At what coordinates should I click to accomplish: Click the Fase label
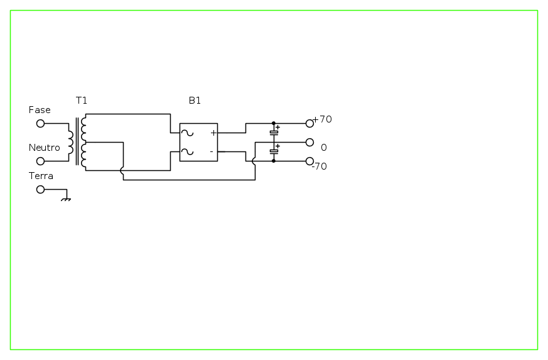click(40, 110)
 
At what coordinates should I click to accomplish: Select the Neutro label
click(45, 148)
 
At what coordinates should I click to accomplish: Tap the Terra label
click(41, 176)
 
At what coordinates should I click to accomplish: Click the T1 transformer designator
click(82, 101)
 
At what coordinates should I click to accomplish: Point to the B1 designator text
click(195, 101)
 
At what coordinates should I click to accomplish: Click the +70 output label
click(322, 119)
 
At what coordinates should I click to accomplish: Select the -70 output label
click(320, 166)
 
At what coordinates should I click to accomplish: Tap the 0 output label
click(324, 148)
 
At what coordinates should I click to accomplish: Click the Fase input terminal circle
click(41, 124)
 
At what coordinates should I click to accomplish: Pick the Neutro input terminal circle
click(41, 161)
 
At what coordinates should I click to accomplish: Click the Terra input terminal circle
click(41, 189)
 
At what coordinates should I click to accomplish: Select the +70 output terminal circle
click(309, 124)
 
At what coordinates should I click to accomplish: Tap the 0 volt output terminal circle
click(309, 143)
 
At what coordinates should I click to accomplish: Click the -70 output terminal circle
click(309, 161)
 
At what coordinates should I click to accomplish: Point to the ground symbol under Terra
click(66, 199)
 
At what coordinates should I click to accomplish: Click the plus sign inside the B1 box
click(213, 133)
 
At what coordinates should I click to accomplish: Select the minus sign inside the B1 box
click(212, 151)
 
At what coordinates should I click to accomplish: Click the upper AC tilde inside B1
click(187, 133)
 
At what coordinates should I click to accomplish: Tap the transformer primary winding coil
click(71, 143)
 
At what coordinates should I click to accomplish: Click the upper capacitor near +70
click(274, 132)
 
